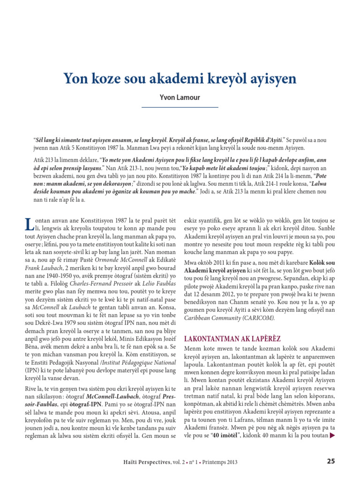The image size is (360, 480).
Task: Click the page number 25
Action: coord(330,461)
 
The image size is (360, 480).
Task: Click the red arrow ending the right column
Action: coord(333,435)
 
